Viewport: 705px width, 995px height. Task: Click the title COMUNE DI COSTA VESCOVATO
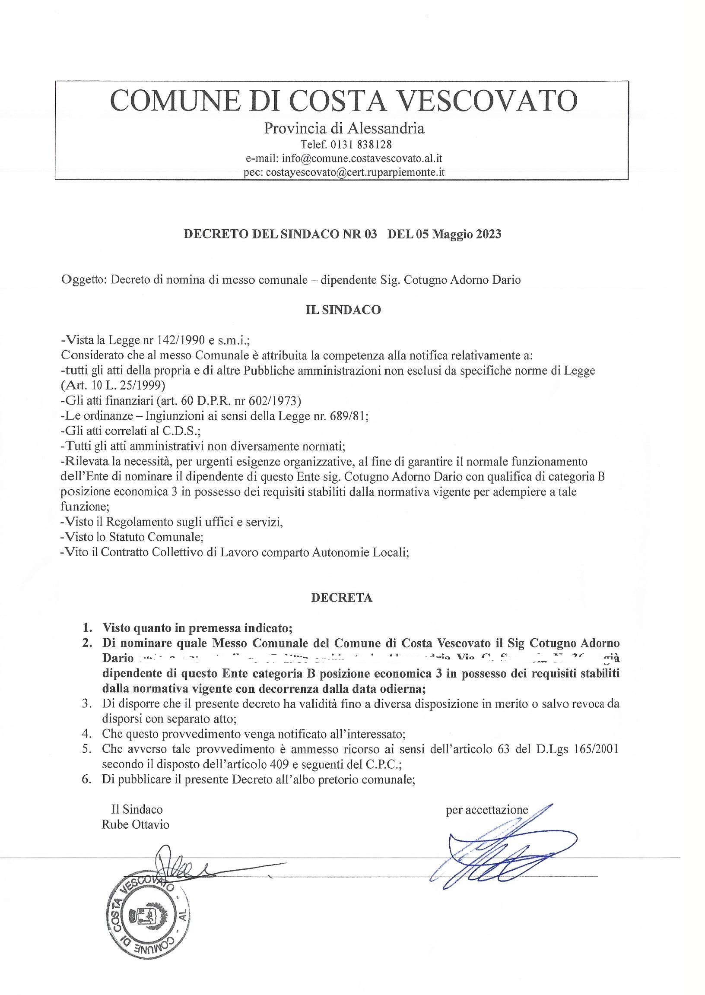pyautogui.click(x=344, y=101)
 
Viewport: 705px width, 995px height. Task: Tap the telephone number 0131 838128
pyautogui.click(x=362, y=144)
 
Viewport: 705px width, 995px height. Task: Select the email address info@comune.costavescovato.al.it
pyautogui.click(x=362, y=158)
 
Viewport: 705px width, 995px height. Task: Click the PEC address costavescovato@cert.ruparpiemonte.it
pyautogui.click(x=355, y=172)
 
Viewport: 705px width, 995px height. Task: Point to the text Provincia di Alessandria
pyautogui.click(x=344, y=128)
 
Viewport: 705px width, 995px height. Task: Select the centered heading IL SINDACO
pyautogui.click(x=343, y=310)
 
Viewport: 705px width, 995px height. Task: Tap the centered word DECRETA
pyautogui.click(x=342, y=598)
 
